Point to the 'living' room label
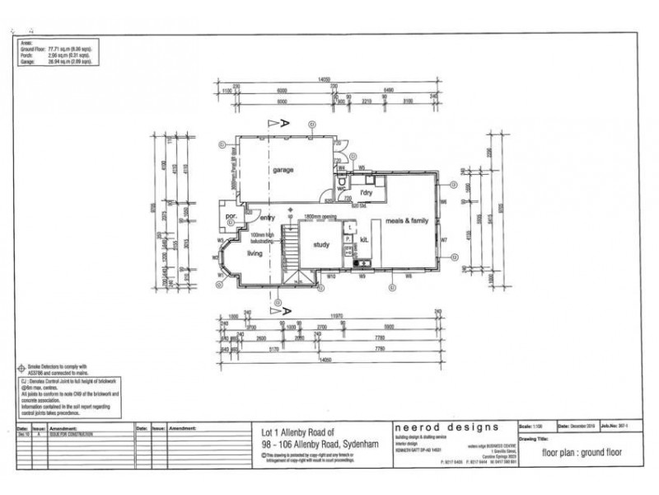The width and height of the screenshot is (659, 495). click(x=255, y=254)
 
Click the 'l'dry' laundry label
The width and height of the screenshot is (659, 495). click(x=367, y=193)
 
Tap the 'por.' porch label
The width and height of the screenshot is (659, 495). click(x=231, y=218)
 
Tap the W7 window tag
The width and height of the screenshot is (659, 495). click(x=443, y=240)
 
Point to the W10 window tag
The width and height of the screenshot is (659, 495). click(x=329, y=277)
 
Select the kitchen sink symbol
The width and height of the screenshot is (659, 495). click(x=362, y=263)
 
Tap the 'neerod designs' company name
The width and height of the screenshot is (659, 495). click(x=446, y=427)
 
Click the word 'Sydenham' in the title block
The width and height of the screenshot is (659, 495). click(x=355, y=445)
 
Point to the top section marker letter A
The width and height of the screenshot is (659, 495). click(x=284, y=123)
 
